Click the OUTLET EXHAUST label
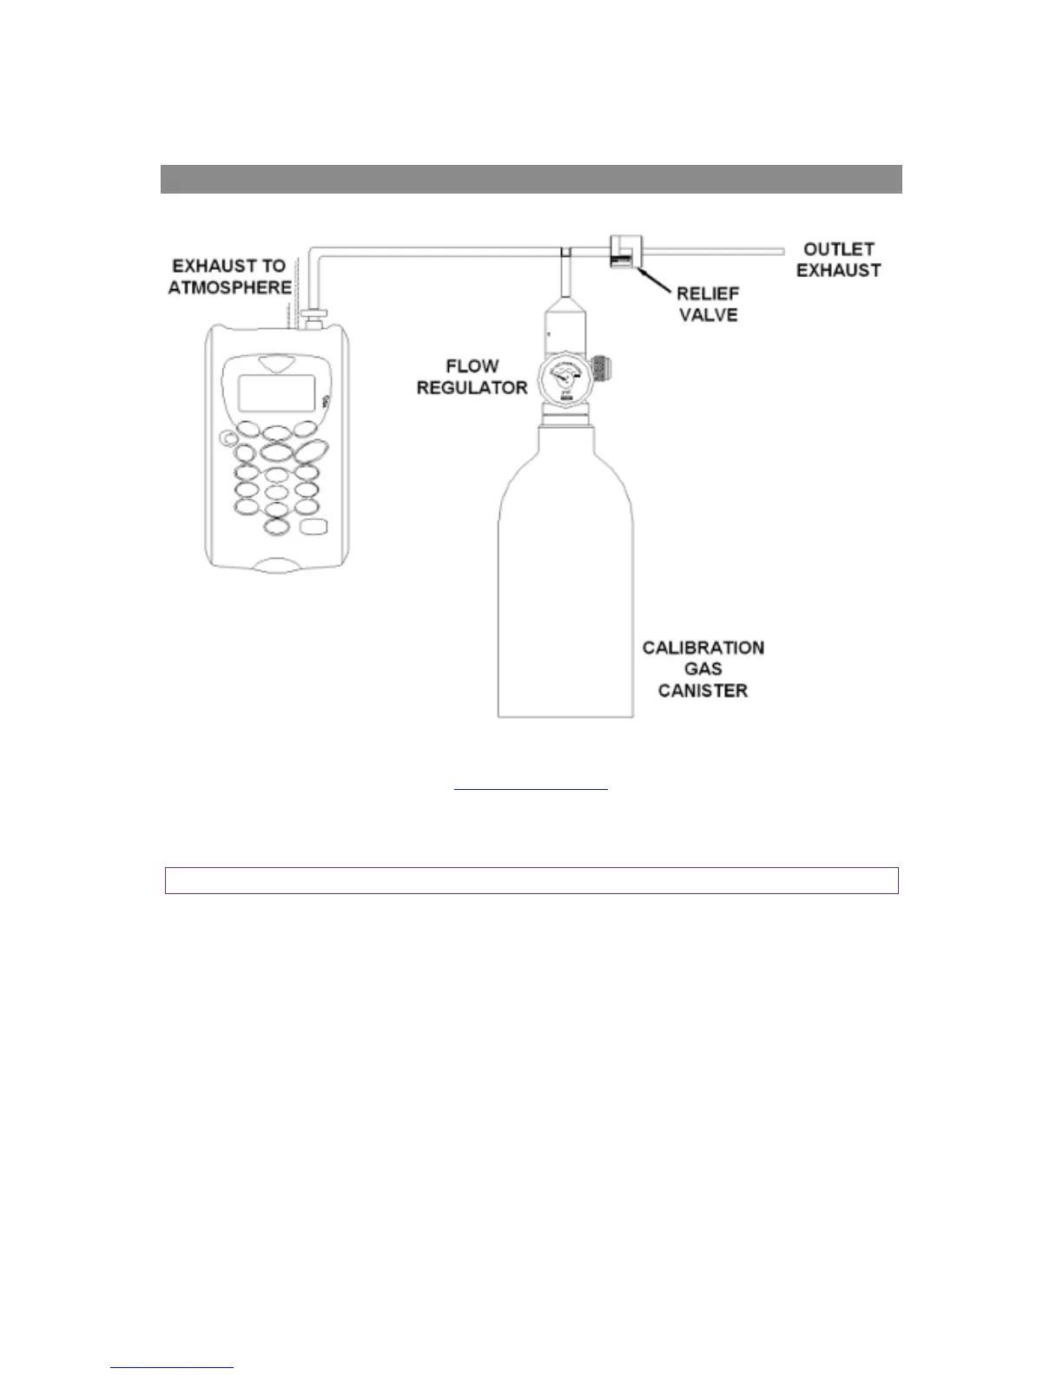tap(838, 260)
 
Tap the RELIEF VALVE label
tap(708, 304)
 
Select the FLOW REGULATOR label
tap(472, 377)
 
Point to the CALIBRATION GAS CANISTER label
tap(703, 669)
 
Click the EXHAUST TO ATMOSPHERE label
tap(229, 276)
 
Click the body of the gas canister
tap(569, 590)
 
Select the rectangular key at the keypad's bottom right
tap(312, 527)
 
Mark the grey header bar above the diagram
tap(531, 179)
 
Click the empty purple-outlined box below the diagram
tap(531, 880)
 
